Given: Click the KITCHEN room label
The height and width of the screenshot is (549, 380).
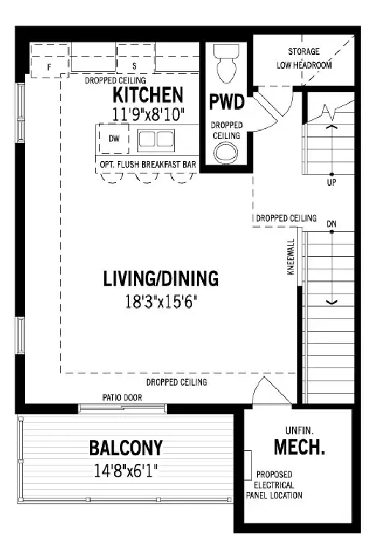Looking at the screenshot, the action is click(x=148, y=95).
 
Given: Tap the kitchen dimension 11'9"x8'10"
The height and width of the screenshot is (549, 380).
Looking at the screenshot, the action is click(x=148, y=114).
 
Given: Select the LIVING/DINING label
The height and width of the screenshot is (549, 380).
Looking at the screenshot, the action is click(x=161, y=279).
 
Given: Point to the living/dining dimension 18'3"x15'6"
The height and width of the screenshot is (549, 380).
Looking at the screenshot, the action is click(x=161, y=301).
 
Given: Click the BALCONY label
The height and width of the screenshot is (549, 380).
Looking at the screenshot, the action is click(x=126, y=448).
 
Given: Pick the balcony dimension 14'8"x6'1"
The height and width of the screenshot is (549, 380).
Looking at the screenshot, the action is click(x=126, y=471).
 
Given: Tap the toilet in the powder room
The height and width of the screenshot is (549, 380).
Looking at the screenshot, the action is click(x=226, y=63).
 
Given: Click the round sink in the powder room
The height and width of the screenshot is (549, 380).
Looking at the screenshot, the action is click(x=226, y=154).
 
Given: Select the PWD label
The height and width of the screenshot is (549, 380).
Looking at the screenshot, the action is click(x=226, y=102).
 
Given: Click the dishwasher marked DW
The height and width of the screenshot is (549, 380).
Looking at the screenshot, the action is click(x=113, y=138).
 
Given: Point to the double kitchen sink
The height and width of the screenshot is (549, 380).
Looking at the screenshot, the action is click(x=156, y=140).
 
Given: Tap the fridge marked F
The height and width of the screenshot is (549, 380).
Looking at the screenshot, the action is click(x=49, y=60).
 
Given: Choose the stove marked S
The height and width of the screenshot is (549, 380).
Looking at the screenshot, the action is click(x=135, y=58).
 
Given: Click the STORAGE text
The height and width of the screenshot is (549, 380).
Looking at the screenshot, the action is click(x=304, y=52).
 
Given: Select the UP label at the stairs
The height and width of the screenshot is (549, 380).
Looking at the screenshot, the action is click(x=332, y=182).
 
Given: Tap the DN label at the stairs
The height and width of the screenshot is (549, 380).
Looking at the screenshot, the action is click(x=332, y=224).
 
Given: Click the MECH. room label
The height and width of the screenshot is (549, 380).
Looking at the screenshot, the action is click(x=299, y=447).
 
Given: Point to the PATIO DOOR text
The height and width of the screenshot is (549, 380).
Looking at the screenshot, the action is click(x=122, y=397).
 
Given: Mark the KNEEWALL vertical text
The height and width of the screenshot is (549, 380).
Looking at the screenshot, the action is click(x=291, y=257).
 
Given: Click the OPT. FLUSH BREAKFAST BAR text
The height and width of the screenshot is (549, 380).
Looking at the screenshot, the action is click(x=148, y=165).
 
